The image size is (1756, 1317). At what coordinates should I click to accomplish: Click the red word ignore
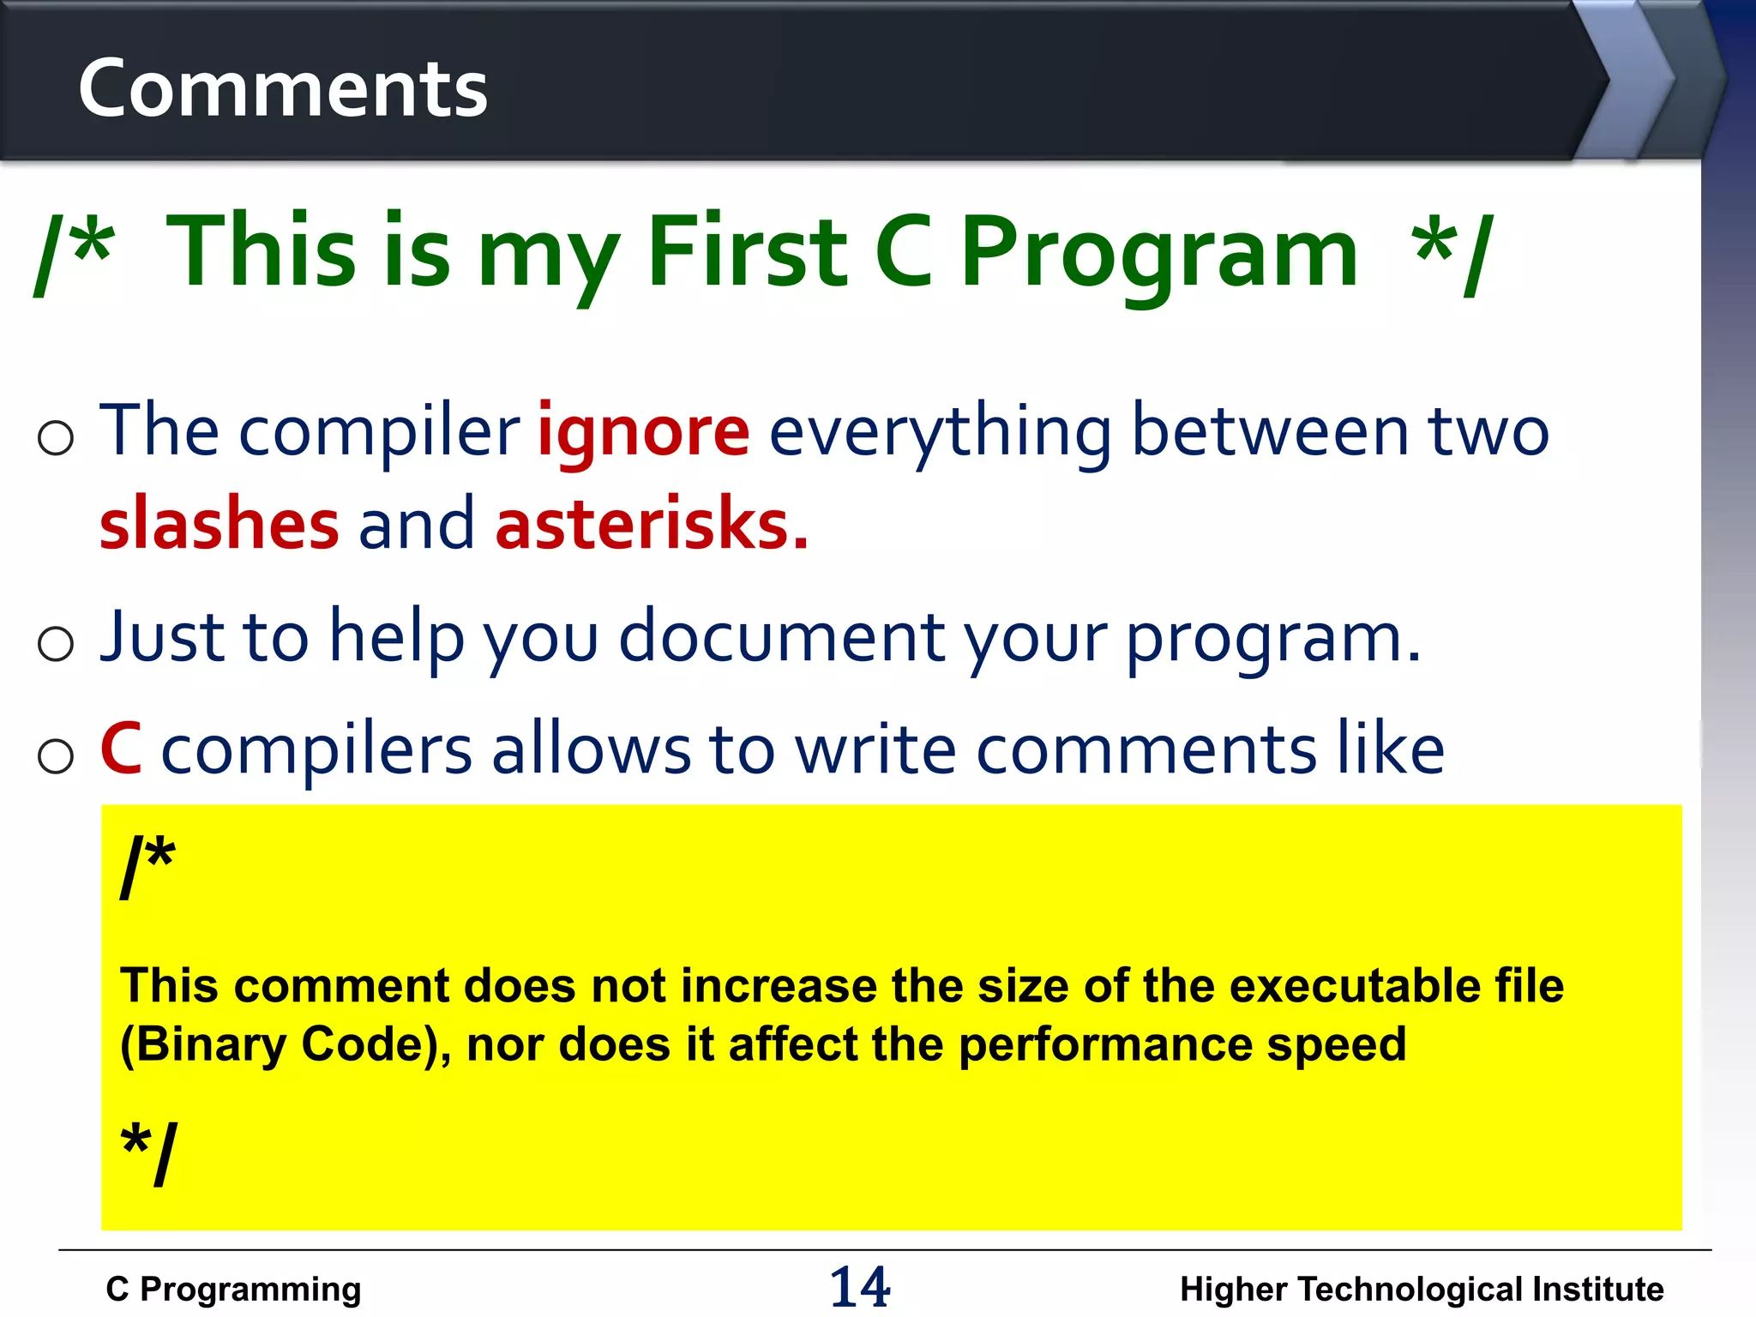(643, 431)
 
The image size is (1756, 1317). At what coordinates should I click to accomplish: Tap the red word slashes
(219, 525)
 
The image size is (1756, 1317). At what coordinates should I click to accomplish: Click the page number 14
(860, 1286)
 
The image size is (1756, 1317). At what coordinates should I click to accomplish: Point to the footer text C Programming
(233, 1289)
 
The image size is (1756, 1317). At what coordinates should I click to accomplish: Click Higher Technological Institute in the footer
(1422, 1289)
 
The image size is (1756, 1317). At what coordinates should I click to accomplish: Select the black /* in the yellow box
(147, 866)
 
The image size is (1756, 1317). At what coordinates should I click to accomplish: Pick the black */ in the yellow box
(149, 1153)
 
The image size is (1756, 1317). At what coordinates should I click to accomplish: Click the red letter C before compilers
(121, 749)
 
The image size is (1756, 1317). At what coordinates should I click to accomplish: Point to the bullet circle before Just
(56, 643)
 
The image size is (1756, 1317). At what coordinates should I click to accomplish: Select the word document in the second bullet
(781, 638)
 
